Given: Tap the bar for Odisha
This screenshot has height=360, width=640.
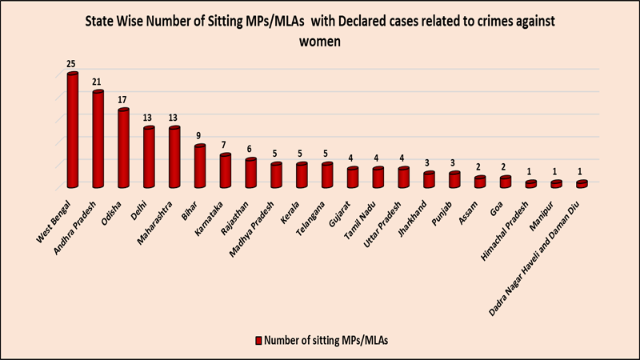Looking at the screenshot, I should click(123, 149).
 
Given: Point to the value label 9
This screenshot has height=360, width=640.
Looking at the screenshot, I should click(200, 135).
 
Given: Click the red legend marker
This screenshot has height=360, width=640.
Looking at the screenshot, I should click(258, 340).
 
